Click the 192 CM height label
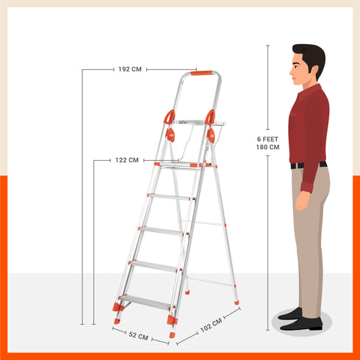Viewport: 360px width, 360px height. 129,70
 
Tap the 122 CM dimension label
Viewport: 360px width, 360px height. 126,159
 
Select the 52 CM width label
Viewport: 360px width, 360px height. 138,336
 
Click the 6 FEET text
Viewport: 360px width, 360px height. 267,138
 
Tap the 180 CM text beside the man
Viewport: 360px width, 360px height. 267,147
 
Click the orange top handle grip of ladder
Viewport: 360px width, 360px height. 202,73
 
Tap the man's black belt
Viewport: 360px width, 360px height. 308,165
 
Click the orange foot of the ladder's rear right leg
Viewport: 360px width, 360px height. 236,300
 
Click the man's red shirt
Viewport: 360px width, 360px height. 307,125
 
